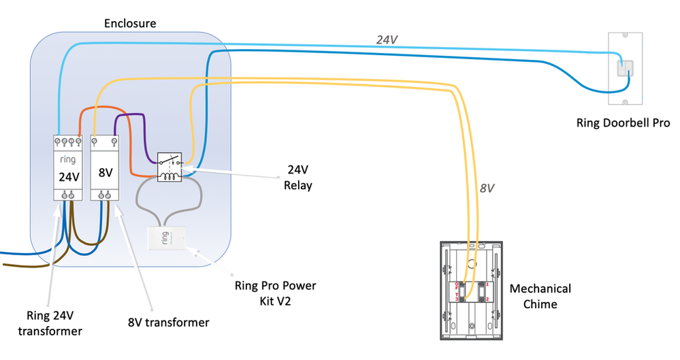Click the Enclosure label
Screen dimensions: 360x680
coord(130,24)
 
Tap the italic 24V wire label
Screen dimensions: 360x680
coord(387,40)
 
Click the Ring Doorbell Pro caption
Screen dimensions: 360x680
coord(623,123)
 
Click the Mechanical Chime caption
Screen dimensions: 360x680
coord(540,296)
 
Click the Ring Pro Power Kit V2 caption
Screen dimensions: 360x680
coord(275,293)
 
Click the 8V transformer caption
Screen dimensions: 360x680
coord(168,322)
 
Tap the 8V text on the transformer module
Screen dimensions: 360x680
coord(105,173)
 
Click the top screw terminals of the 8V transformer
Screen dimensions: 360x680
coord(105,143)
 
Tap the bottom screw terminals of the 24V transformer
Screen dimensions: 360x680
coord(67,196)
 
